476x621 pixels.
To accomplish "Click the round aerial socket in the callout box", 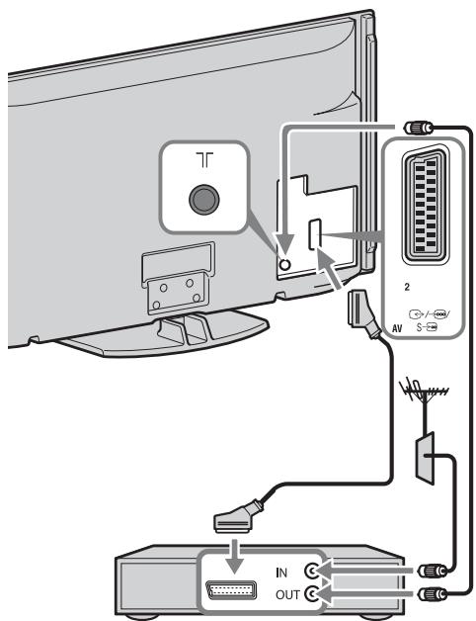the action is [x=204, y=200].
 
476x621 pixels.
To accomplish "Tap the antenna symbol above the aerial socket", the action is [x=205, y=159].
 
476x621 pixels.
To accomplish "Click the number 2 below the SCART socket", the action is [x=407, y=287].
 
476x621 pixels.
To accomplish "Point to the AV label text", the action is [x=397, y=328].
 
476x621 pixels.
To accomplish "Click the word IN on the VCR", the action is [x=281, y=573].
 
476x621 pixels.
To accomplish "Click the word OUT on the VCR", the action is [x=287, y=595].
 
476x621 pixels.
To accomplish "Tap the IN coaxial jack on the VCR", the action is [x=311, y=572].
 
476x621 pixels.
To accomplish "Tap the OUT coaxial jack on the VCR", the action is [x=311, y=593].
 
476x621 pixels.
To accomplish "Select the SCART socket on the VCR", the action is [x=231, y=590].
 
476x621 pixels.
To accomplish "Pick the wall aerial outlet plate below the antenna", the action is [x=425, y=458].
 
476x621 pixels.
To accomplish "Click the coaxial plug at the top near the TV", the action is [x=418, y=128].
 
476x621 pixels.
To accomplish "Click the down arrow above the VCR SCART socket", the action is [x=235, y=556].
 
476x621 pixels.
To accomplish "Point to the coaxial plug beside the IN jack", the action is [x=433, y=571].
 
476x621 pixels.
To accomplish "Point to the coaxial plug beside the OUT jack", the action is [x=433, y=593].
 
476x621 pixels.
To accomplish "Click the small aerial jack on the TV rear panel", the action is [x=284, y=264].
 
